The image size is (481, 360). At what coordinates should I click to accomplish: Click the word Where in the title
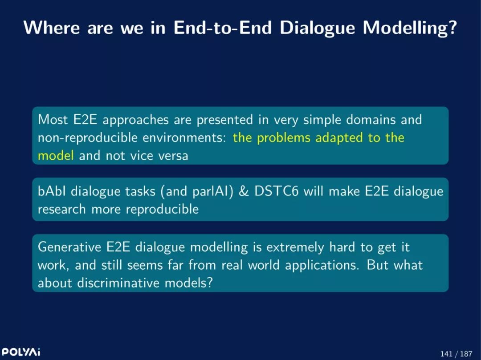[x=52, y=28]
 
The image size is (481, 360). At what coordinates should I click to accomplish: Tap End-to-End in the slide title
[x=223, y=28]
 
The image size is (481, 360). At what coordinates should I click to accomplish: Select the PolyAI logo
[x=21, y=352]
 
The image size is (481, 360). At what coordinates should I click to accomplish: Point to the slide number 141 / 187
[x=456, y=354]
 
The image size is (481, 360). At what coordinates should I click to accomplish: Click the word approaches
[x=135, y=120]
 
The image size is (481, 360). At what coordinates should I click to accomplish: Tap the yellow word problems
[x=284, y=138]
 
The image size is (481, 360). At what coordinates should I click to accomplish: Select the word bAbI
[x=52, y=191]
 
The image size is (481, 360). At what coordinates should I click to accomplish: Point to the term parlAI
[x=211, y=192]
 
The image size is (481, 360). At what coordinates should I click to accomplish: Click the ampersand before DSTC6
[x=244, y=191]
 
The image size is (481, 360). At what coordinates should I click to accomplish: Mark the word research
[x=61, y=210]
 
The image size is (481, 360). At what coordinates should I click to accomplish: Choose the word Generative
[x=69, y=247]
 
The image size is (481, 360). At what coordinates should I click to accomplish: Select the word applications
[x=322, y=266]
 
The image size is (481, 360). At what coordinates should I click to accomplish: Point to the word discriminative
[x=118, y=283]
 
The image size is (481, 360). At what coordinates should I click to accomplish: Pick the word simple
[x=322, y=120]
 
